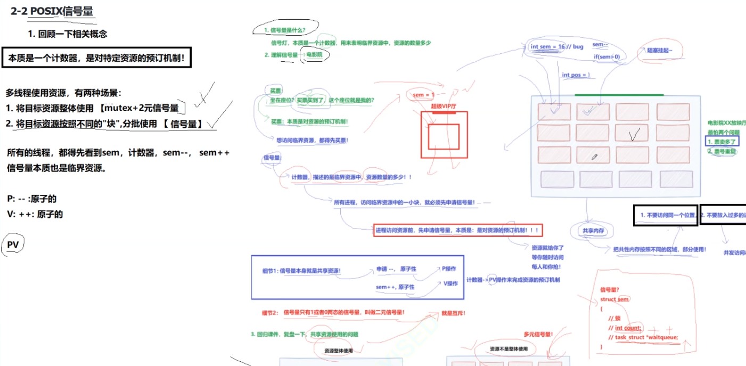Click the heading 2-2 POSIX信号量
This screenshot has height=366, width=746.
(x=53, y=12)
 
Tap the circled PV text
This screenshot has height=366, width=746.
(x=13, y=245)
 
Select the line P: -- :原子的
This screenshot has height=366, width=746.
(x=32, y=199)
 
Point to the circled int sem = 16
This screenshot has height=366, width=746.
(x=547, y=46)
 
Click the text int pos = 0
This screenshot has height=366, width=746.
(x=577, y=75)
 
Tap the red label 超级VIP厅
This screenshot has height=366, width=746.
(x=444, y=107)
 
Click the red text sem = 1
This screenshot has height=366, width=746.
(x=424, y=95)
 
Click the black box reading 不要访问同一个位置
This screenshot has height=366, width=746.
(x=665, y=215)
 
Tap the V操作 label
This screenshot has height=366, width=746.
(x=450, y=283)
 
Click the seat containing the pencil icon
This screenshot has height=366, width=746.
(x=595, y=156)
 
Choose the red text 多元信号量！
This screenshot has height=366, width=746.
(x=538, y=335)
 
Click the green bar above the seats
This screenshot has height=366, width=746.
(x=619, y=95)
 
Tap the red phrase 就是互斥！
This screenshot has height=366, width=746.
(x=453, y=313)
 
